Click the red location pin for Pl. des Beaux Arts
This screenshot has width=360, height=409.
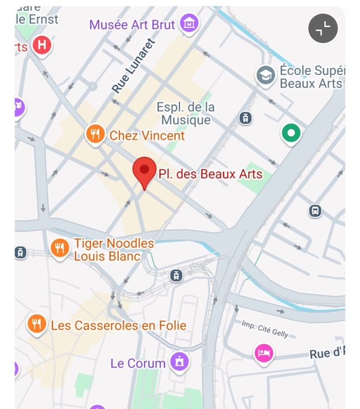144,170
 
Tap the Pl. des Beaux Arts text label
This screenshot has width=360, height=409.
210,174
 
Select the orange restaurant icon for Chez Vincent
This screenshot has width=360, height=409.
95,134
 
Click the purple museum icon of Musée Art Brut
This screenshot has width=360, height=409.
190,24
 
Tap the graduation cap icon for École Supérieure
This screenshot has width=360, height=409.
265,75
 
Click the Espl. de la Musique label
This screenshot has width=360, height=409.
185,113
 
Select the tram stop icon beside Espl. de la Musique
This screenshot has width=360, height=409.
245,118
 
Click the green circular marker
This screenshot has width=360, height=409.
291,133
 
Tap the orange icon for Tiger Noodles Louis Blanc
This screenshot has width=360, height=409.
59,248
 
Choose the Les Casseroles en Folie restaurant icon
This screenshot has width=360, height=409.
36,324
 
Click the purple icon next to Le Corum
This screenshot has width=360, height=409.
179,361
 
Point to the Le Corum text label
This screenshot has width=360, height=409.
138,363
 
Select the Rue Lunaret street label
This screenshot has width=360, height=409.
133,66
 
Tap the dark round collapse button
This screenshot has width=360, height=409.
323,28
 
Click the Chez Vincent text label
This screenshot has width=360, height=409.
147,136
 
